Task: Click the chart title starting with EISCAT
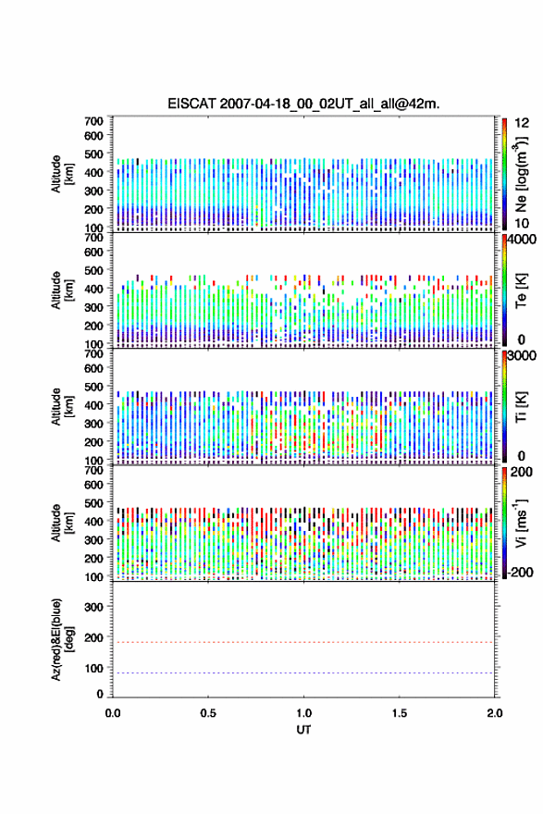303,104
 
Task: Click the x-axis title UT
303,730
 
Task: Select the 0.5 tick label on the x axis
208,713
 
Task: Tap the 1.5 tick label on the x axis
400,713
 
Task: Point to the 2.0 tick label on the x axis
495,713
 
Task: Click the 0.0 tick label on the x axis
113,713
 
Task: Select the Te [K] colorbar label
521,290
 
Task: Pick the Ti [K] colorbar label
521,407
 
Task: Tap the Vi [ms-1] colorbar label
521,524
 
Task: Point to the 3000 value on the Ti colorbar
522,355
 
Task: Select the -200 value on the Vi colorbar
521,572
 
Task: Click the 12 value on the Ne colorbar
522,123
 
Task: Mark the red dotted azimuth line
303,642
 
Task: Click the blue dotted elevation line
303,672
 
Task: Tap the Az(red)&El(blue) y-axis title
60,639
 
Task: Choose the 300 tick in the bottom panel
93,607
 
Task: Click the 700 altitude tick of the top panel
93,121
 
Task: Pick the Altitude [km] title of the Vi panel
60,524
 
